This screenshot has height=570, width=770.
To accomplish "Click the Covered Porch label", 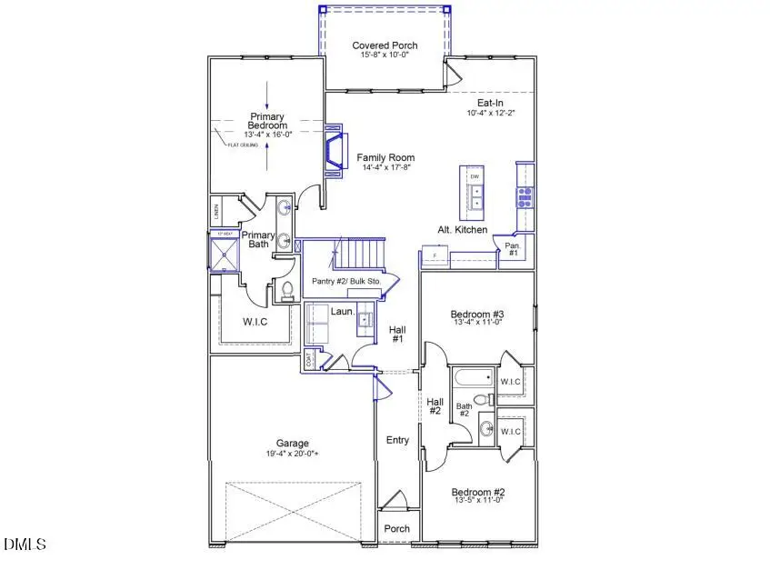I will click(x=385, y=45).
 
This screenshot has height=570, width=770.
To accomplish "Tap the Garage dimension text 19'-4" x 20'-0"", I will click(x=294, y=454).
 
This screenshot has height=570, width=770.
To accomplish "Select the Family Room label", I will click(x=385, y=157).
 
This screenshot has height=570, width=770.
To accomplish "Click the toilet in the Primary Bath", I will click(x=287, y=291).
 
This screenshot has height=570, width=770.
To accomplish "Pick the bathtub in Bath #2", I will click(x=470, y=377).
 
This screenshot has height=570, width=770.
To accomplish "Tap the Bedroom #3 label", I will click(x=477, y=315).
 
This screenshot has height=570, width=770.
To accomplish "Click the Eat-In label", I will click(x=491, y=103).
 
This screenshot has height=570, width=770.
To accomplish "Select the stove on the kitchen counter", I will click(x=525, y=193).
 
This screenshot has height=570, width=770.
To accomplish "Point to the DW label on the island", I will click(x=475, y=176).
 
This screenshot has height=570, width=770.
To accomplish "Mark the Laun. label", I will click(x=342, y=311).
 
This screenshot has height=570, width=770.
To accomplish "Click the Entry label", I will click(x=397, y=440).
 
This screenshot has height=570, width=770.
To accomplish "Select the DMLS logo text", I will click(x=25, y=545).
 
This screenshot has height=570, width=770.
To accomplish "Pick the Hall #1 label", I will click(x=397, y=334).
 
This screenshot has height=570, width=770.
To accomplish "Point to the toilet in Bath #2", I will click(x=483, y=399).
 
